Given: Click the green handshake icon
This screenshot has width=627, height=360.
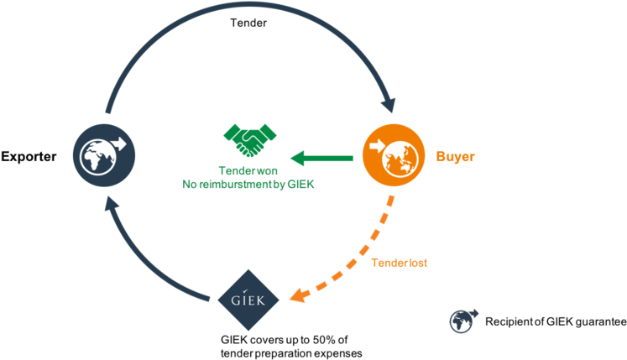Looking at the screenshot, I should pos(250,139).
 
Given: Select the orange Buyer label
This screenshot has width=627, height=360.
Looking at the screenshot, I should pos(455,157).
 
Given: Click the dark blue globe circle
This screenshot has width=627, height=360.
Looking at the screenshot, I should pos(104,154).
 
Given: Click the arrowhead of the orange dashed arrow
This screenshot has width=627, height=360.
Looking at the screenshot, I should pos(295,295).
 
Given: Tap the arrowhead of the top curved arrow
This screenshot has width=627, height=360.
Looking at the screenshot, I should pos(388,105).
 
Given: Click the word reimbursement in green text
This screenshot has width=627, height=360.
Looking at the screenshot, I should pos(239,184).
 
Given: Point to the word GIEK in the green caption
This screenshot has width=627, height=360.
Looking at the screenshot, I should pos(300,184).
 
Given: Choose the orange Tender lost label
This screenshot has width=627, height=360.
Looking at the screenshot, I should pos(400,263).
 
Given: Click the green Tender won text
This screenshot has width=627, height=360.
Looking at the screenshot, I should pos(248,171).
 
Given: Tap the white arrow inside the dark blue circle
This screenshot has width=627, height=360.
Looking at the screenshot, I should pos(117,143).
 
